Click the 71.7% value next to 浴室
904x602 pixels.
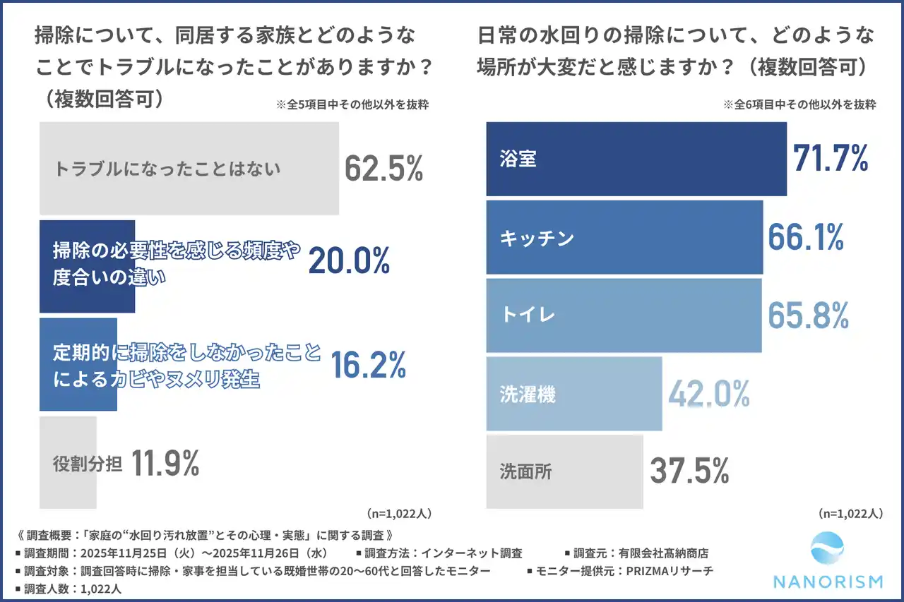click(x=831, y=159)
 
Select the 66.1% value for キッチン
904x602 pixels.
click(x=806, y=238)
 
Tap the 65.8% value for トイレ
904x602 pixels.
click(x=808, y=316)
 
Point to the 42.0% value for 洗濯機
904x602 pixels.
click(x=709, y=395)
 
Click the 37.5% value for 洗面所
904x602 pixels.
click(x=689, y=471)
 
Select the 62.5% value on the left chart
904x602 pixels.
click(x=383, y=169)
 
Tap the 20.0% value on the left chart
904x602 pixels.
click(x=349, y=262)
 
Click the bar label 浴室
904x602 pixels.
click(x=518, y=159)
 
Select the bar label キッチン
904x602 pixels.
click(x=537, y=239)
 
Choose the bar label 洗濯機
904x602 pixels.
click(x=528, y=395)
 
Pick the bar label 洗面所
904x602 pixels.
click(x=526, y=471)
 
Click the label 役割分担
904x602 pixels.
click(x=88, y=464)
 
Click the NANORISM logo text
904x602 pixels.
click(x=828, y=582)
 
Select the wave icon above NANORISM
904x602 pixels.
click(x=828, y=550)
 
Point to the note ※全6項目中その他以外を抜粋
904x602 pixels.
click(x=799, y=104)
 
